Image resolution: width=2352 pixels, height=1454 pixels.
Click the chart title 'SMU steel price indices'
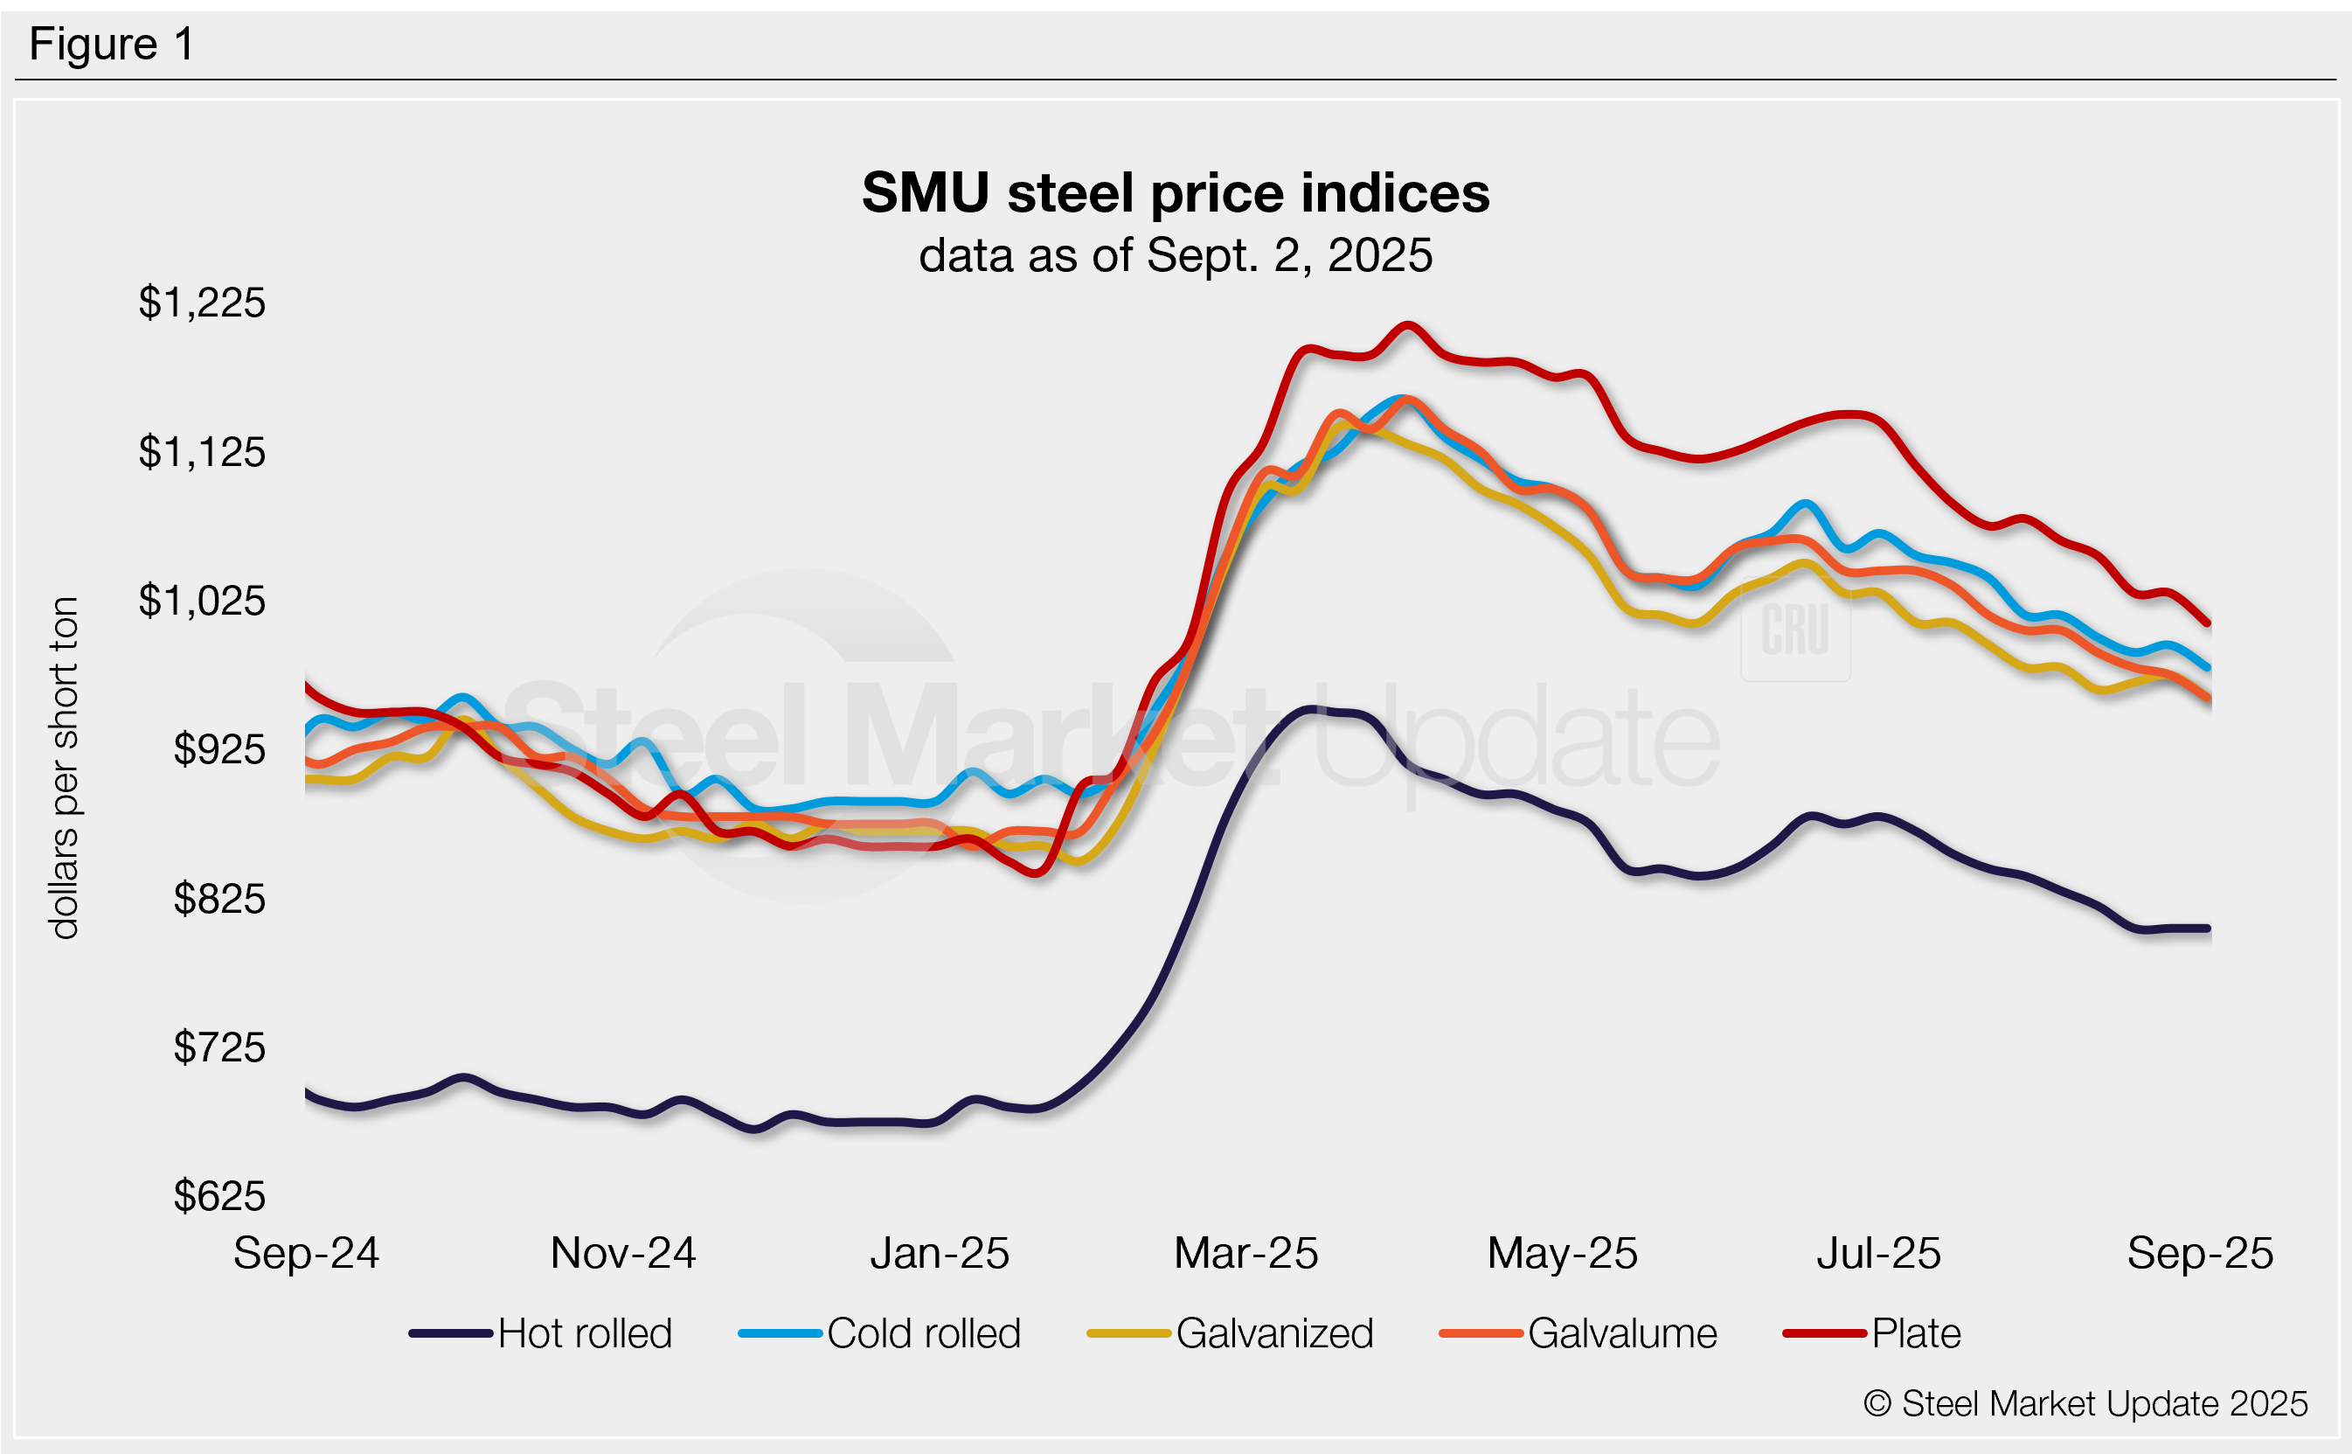1175,192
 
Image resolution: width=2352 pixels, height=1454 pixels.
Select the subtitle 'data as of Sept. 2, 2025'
1175,256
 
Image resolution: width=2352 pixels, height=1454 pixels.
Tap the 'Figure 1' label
112,45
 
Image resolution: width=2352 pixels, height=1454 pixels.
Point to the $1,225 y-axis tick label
202,303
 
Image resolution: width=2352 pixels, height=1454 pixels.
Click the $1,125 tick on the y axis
202,452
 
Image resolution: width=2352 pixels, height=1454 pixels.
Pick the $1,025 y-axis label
202,601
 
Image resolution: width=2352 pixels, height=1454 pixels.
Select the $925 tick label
219,750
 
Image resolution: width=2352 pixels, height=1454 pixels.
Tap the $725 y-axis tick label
219,1047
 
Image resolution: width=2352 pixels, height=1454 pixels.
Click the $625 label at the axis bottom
219,1196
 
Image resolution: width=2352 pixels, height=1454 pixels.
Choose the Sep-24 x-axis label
306,1253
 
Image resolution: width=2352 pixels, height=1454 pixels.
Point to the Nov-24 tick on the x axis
623,1253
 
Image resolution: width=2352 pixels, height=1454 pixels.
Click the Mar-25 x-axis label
1245,1253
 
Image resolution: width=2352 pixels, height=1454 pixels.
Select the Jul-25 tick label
1878,1253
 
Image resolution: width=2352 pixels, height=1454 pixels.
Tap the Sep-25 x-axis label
2199,1253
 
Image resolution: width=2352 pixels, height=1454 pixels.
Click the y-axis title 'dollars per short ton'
65,768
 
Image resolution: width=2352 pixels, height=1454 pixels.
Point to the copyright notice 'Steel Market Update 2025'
2085,1404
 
